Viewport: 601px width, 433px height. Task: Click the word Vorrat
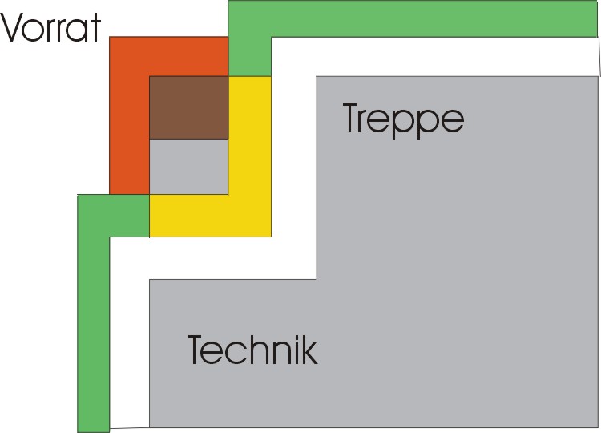[51, 28]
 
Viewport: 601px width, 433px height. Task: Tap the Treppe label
[403, 120]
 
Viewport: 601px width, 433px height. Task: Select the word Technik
[252, 350]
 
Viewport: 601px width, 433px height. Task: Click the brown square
[189, 107]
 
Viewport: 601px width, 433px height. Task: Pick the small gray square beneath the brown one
[189, 166]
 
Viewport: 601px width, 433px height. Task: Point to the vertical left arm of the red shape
[129, 128]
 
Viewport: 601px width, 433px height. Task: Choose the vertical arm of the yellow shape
[249, 144]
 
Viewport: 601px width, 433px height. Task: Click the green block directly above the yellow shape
[249, 56]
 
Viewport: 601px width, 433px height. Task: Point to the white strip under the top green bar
[449, 56]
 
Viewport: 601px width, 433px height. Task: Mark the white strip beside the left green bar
[129, 337]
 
